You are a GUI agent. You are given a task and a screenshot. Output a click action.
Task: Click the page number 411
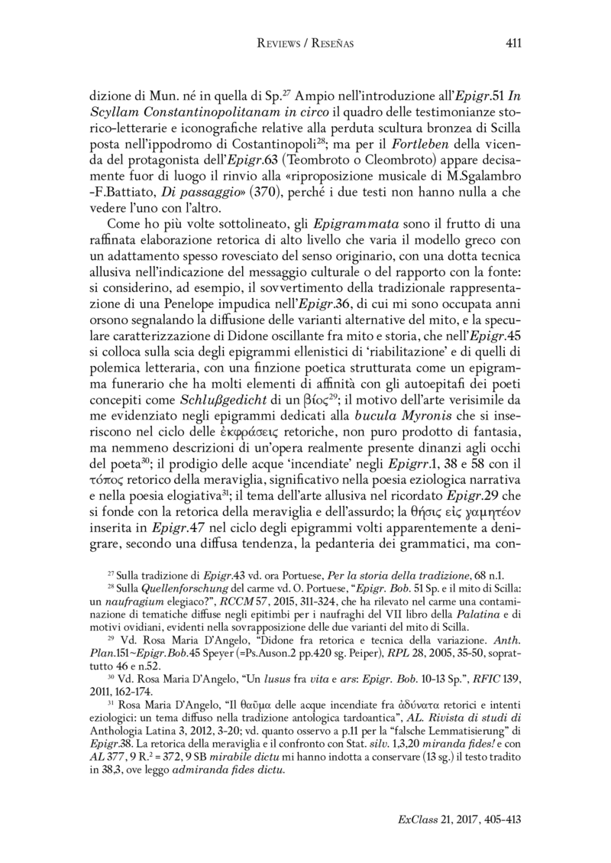coord(513,44)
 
